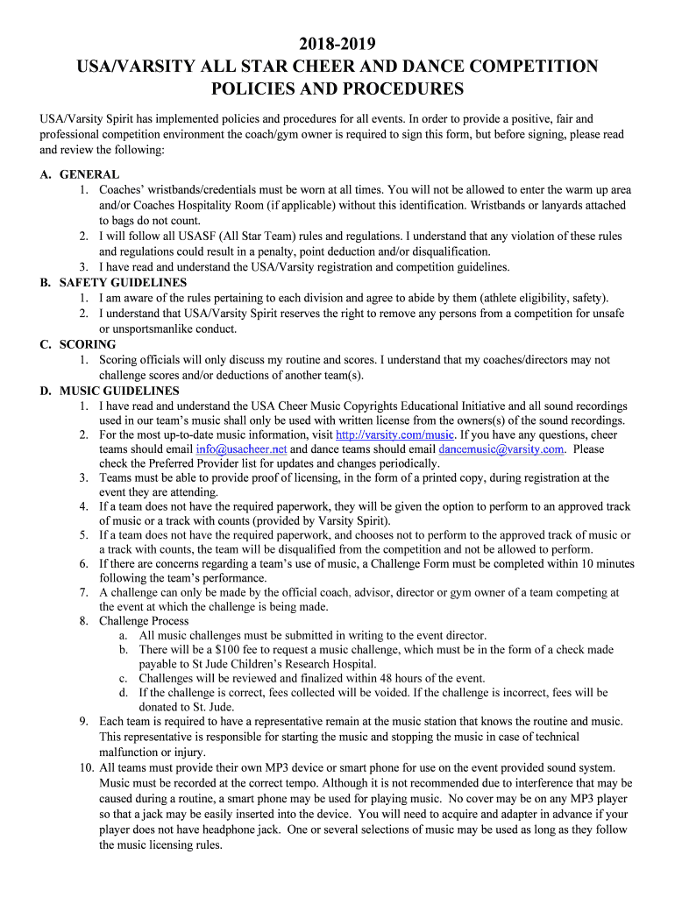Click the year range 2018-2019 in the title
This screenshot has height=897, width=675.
point(337,45)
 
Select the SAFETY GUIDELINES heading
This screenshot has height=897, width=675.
point(123,283)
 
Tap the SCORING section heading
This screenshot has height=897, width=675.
point(88,344)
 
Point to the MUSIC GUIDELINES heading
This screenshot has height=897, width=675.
point(119,391)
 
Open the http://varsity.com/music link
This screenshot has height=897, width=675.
point(394,434)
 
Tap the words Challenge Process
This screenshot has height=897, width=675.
point(144,621)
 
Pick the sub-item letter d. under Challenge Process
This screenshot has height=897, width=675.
point(124,692)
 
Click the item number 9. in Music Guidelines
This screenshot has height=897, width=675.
point(83,721)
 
